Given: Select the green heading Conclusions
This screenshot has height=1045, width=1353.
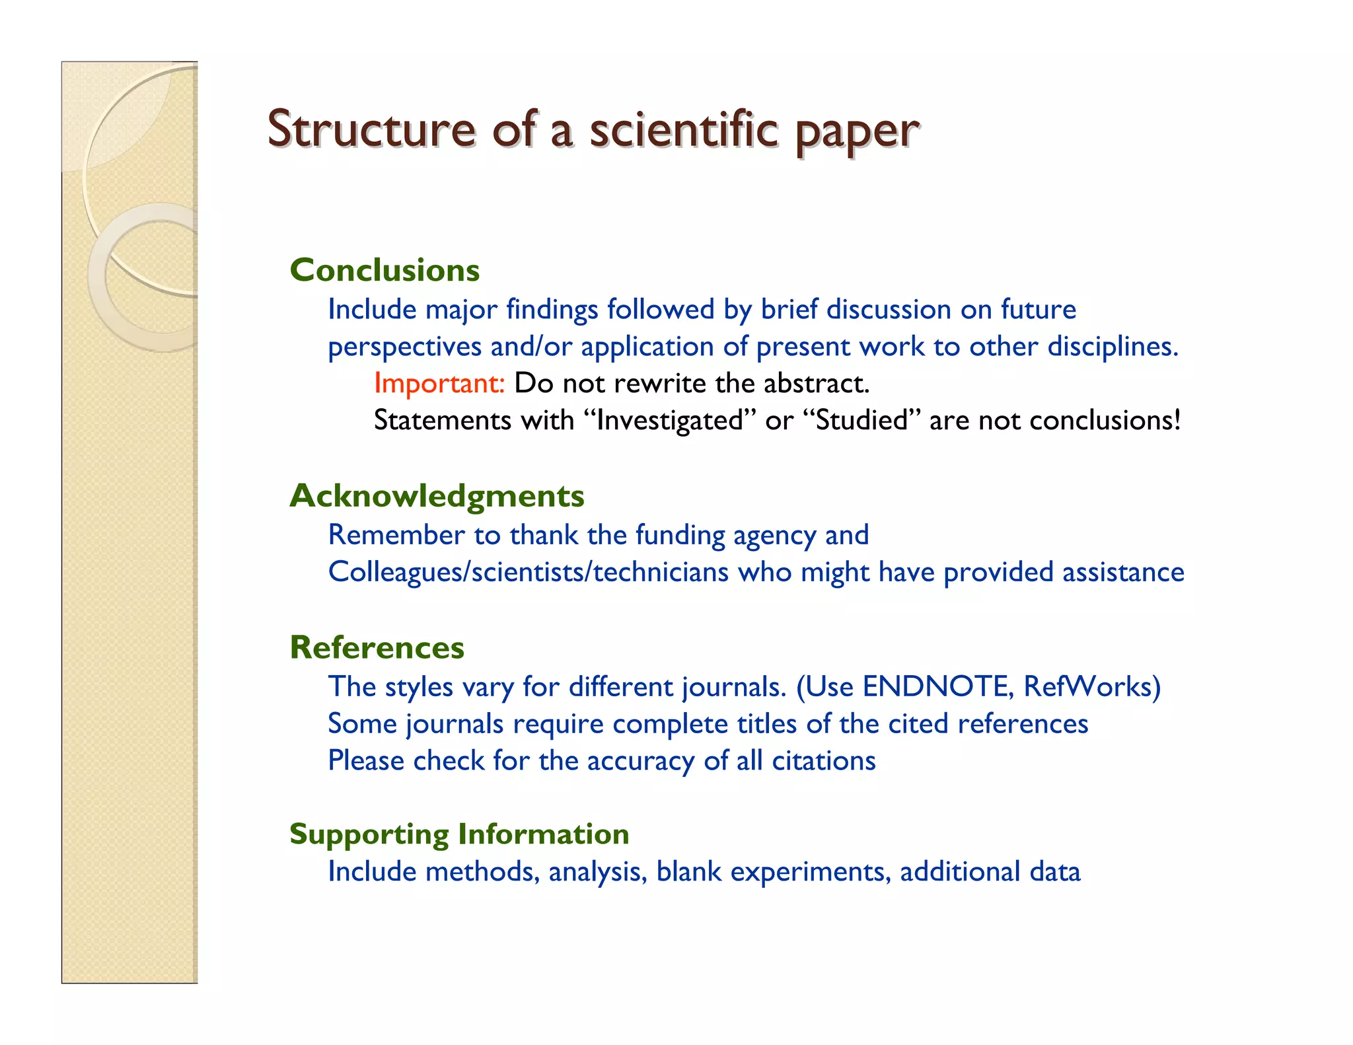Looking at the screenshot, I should click(x=384, y=270).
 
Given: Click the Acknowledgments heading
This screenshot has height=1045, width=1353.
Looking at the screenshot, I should click(x=437, y=495).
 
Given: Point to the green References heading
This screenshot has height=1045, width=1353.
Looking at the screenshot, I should click(x=377, y=647).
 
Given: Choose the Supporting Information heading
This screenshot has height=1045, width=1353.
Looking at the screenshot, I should click(x=459, y=834).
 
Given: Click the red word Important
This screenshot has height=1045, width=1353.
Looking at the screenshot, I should click(x=439, y=383).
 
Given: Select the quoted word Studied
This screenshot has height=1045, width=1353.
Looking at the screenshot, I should click(x=861, y=420).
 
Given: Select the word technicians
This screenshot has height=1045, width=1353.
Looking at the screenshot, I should click(x=661, y=572).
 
